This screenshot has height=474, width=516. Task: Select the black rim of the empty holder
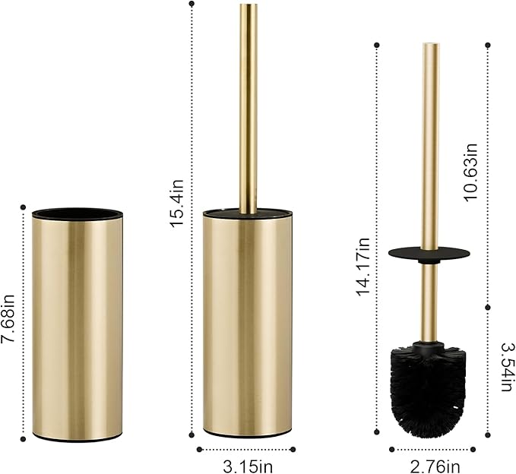pos(77,213)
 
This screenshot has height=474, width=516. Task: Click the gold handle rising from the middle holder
pos(248,106)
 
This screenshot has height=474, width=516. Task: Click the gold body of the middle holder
pos(247,327)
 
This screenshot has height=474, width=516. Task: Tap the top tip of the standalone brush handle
pos(431,46)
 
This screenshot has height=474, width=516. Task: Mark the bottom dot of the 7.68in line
pos(24,438)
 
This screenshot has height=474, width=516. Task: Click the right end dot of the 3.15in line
pos(293,449)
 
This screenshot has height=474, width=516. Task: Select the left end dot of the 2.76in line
pos(391,449)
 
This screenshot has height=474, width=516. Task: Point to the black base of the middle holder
pos(247,434)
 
